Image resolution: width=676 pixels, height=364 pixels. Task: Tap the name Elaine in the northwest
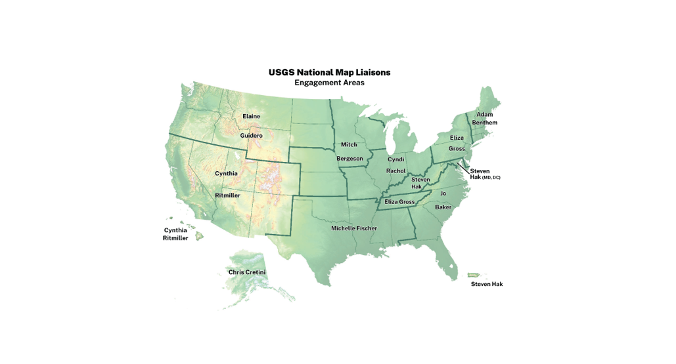[251, 116]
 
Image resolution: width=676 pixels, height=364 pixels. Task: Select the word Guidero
[251, 136]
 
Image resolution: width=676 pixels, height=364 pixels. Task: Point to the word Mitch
[349, 144]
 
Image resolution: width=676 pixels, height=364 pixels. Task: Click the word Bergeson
[349, 159]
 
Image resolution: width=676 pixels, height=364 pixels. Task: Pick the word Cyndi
[395, 159]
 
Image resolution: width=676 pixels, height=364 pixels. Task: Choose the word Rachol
[395, 171]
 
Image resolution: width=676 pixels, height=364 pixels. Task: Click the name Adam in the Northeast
[485, 115]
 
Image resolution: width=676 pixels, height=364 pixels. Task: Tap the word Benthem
[485, 123]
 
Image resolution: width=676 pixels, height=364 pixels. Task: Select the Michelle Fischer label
[354, 228]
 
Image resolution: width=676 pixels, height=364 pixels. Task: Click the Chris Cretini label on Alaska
[247, 272]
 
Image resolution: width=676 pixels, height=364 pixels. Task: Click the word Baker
[443, 207]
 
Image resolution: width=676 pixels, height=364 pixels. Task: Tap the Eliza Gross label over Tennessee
[399, 202]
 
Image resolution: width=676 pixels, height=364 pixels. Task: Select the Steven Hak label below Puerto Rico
[486, 284]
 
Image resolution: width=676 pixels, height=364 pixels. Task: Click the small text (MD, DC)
[491, 178]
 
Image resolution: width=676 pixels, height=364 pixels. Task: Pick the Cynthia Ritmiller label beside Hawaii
[175, 234]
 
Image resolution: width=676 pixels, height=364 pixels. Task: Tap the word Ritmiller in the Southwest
[227, 195]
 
